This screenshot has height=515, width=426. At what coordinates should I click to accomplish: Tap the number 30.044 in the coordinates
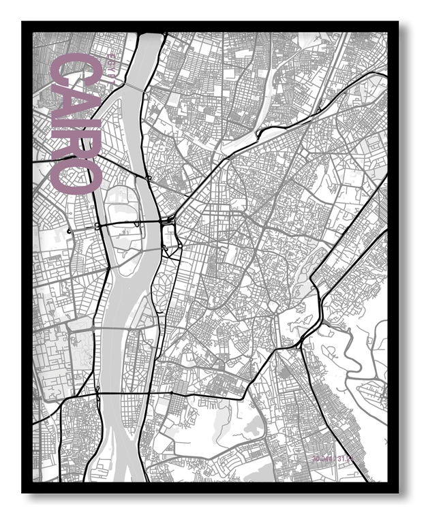(x=326, y=460)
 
